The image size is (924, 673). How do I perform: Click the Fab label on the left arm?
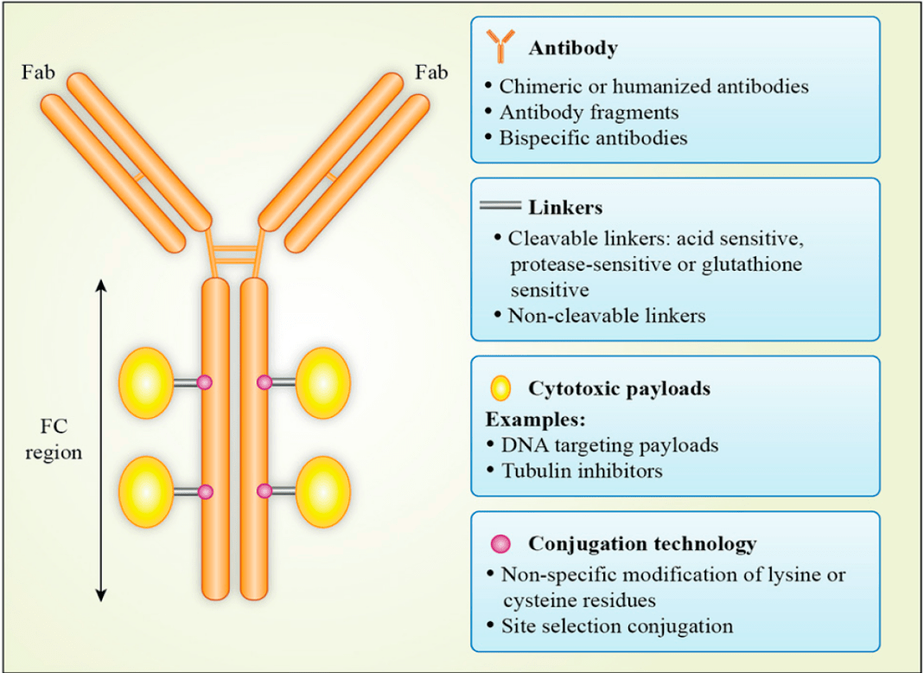[38, 72]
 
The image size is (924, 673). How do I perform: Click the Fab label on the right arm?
[431, 72]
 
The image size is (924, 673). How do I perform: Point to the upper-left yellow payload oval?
[145, 381]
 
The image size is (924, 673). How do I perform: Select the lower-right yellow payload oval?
[323, 491]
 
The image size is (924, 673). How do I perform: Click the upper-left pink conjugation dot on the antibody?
[205, 381]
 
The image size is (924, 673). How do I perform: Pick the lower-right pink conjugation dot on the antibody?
[264, 491]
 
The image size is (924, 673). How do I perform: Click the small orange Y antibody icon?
[500, 47]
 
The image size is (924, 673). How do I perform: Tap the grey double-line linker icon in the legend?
[500, 207]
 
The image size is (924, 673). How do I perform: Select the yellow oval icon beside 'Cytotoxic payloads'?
[500, 388]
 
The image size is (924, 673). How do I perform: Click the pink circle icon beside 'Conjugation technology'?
[500, 544]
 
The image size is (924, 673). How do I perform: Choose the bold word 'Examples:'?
[536, 420]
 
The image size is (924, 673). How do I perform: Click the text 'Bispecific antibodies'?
[593, 138]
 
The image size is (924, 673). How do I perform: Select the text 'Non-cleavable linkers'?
[606, 315]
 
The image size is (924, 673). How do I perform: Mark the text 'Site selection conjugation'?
[617, 625]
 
